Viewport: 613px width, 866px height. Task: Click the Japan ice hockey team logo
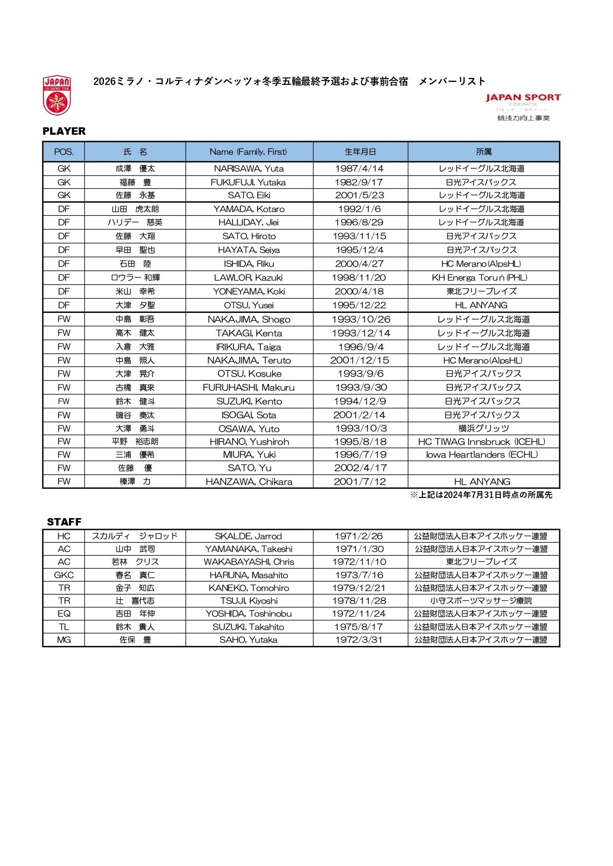click(57, 95)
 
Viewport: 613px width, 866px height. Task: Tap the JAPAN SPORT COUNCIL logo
click(523, 107)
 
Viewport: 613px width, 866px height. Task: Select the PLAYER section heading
click(64, 131)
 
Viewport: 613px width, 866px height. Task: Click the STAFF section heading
click(64, 522)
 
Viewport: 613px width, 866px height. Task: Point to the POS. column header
click(64, 152)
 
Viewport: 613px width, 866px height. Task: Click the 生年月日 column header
click(360, 152)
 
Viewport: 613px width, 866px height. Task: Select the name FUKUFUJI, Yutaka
click(248, 182)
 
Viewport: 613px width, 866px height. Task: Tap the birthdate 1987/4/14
click(360, 169)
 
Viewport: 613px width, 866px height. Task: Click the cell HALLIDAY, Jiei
click(248, 223)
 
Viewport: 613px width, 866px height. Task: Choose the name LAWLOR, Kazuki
click(248, 278)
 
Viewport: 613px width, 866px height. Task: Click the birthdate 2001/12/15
click(360, 361)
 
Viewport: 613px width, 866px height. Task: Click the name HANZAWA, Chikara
click(249, 482)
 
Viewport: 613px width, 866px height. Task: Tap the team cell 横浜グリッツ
click(484, 428)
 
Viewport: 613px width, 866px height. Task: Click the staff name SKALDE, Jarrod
click(248, 536)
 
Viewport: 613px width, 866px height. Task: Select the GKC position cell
click(64, 575)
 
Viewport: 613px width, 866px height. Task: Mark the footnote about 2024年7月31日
click(481, 495)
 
